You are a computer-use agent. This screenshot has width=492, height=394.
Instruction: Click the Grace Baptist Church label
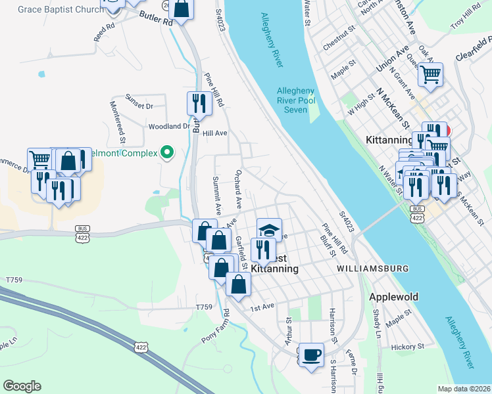pos(61,9)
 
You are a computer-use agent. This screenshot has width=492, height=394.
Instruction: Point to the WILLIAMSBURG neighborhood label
pos(372,269)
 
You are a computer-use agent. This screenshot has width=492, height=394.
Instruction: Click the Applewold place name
pos(393,297)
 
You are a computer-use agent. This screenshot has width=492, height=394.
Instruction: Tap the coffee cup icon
pos(311,355)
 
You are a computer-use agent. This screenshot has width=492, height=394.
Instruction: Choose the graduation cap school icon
pos(269,230)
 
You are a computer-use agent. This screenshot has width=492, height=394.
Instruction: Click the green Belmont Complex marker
pos(166,153)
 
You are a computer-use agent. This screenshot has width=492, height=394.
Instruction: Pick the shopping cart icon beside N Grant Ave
pos(430,75)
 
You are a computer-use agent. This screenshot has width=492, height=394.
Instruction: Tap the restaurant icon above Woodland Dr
pos(199,103)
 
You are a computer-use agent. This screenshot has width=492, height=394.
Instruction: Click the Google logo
pos(22,386)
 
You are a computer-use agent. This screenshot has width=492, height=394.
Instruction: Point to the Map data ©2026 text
pos(464,389)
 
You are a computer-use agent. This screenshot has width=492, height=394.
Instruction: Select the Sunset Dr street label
pos(139,105)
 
